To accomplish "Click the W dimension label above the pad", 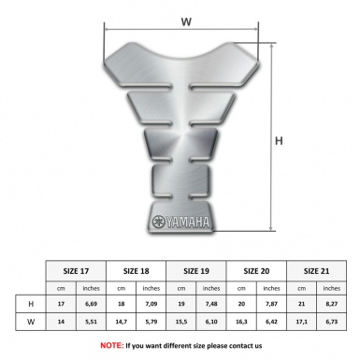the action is click(186, 22).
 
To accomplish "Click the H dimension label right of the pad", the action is click(279, 141).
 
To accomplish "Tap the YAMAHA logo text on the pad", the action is click(188, 223).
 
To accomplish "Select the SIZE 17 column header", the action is click(76, 271).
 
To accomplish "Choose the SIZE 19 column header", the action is click(196, 271).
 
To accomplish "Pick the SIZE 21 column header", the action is click(316, 271).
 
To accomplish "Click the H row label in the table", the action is click(31, 304).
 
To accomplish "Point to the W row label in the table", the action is click(31, 322).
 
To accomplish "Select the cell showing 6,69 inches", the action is click(91, 304).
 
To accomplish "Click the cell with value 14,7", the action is click(121, 322).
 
